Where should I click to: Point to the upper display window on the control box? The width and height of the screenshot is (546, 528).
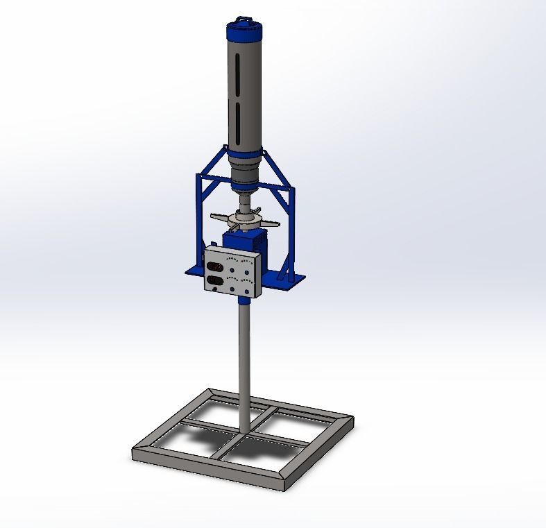(216, 266)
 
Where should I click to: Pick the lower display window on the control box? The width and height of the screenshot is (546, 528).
(216, 281)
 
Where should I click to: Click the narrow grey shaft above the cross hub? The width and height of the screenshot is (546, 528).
(246, 202)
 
